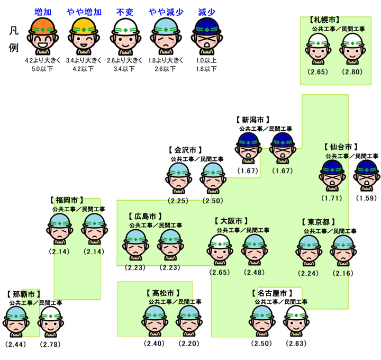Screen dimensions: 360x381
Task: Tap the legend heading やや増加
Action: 85,12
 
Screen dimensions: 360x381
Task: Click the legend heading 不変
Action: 125,12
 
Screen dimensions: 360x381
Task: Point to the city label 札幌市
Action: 324,20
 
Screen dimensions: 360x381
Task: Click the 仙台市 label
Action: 341,147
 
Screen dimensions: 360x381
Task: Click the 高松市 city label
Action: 162,293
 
